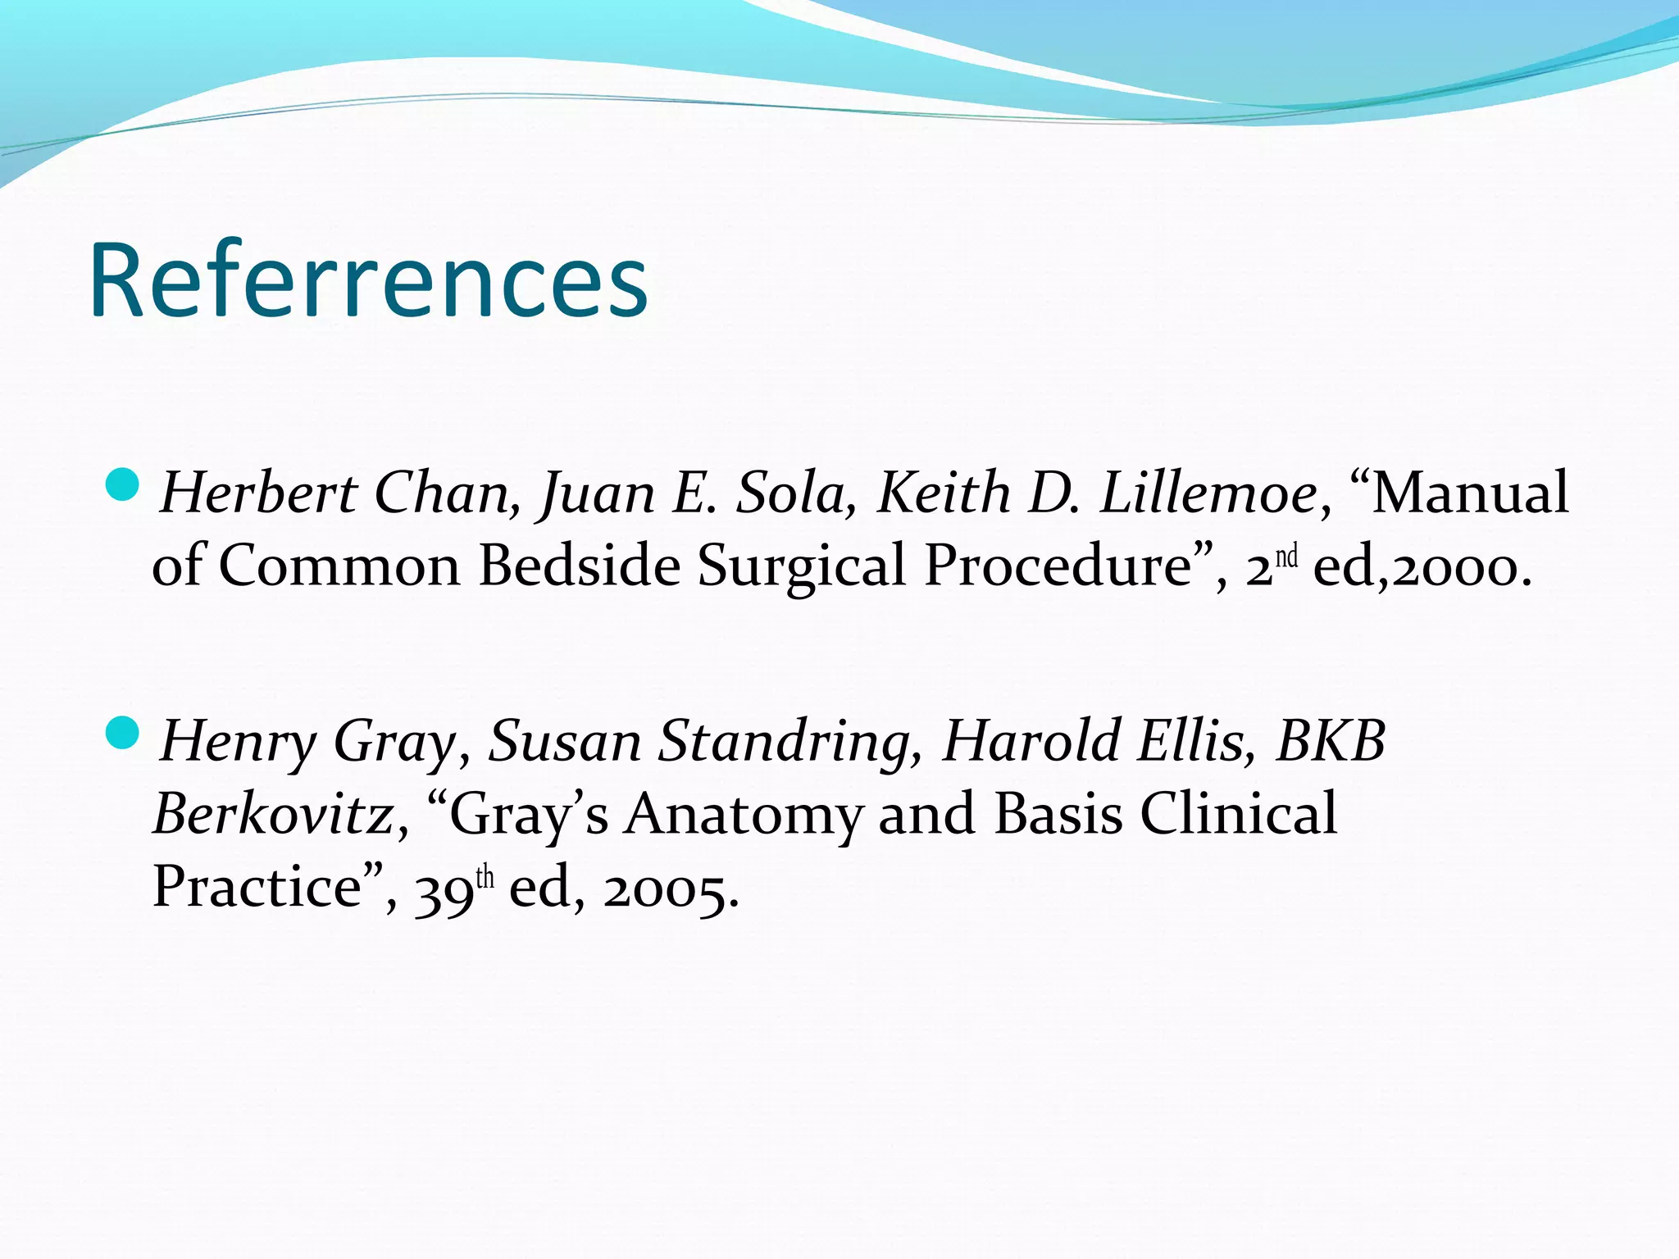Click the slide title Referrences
tap(369, 280)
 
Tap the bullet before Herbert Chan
tap(124, 486)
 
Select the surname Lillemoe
tap(1208, 493)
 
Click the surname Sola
tap(789, 493)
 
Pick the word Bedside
tap(580, 566)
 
